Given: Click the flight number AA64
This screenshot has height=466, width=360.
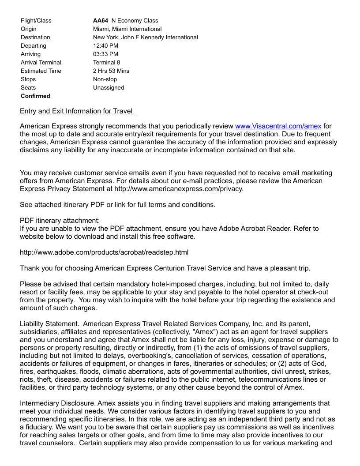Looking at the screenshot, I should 101,20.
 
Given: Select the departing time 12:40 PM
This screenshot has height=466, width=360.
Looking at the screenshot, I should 105,45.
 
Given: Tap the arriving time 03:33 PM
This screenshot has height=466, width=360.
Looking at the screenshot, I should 105,54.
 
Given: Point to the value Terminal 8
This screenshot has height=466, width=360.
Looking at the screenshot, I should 106,62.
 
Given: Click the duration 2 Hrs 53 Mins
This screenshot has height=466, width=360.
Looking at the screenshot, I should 111,71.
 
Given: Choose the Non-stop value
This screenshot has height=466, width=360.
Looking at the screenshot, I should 105,79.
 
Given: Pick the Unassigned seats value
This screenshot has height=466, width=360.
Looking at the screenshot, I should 109,87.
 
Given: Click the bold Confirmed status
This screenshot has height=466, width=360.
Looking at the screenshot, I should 35,96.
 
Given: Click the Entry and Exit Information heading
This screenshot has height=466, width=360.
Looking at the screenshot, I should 77,111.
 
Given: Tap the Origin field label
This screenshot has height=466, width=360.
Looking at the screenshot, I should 29,29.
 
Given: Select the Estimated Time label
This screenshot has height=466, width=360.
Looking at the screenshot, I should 41,71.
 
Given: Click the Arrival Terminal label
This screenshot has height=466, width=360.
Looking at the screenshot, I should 41,62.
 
